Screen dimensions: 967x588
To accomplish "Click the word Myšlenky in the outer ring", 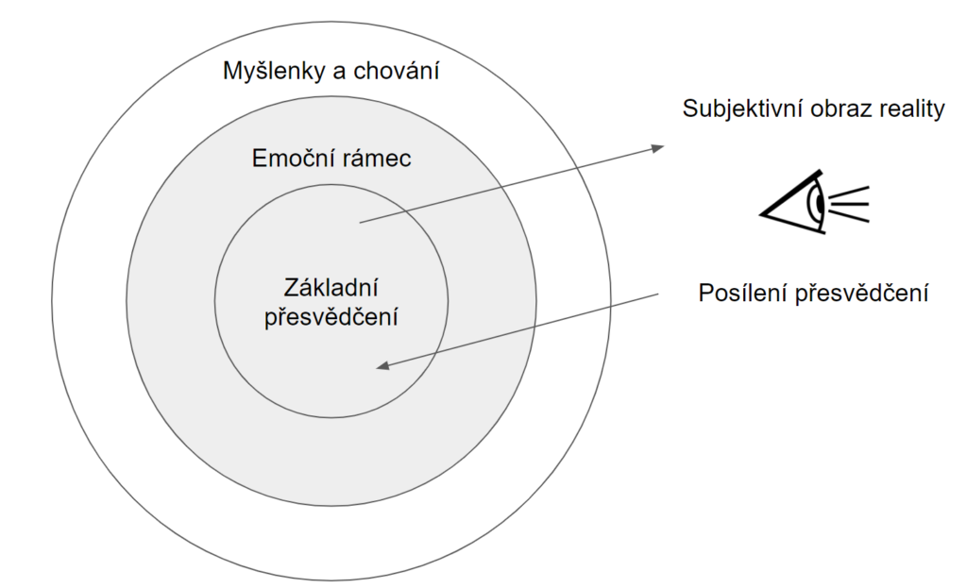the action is click(x=269, y=71).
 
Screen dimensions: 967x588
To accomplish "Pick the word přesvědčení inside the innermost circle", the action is click(x=331, y=316).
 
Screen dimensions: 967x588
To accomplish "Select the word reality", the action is click(x=914, y=109).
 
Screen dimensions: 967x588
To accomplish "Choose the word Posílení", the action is click(x=741, y=294).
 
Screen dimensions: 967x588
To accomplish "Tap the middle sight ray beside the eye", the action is click(x=849, y=201).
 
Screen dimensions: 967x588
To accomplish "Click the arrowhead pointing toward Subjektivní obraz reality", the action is click(x=658, y=147).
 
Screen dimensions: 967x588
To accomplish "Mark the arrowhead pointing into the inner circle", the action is click(x=382, y=366).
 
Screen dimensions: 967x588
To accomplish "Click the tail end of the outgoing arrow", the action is click(x=361, y=223).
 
